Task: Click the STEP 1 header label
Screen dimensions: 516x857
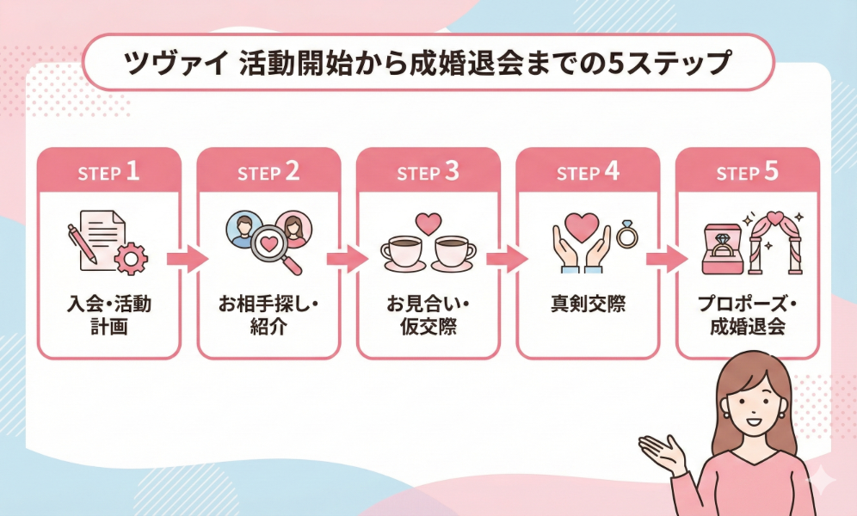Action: point(108,171)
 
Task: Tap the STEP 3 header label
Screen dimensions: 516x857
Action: point(428,171)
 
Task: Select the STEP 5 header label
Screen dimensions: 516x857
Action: point(747,171)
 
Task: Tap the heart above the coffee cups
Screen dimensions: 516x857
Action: point(428,223)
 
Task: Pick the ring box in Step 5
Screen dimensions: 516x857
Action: point(722,249)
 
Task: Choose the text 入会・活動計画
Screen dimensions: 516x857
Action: point(108,316)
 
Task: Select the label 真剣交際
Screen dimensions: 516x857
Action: point(588,305)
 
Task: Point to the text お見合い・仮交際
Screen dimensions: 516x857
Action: point(428,316)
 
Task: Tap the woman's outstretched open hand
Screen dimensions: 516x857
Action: point(663,450)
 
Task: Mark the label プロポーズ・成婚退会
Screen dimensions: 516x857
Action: point(747,316)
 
